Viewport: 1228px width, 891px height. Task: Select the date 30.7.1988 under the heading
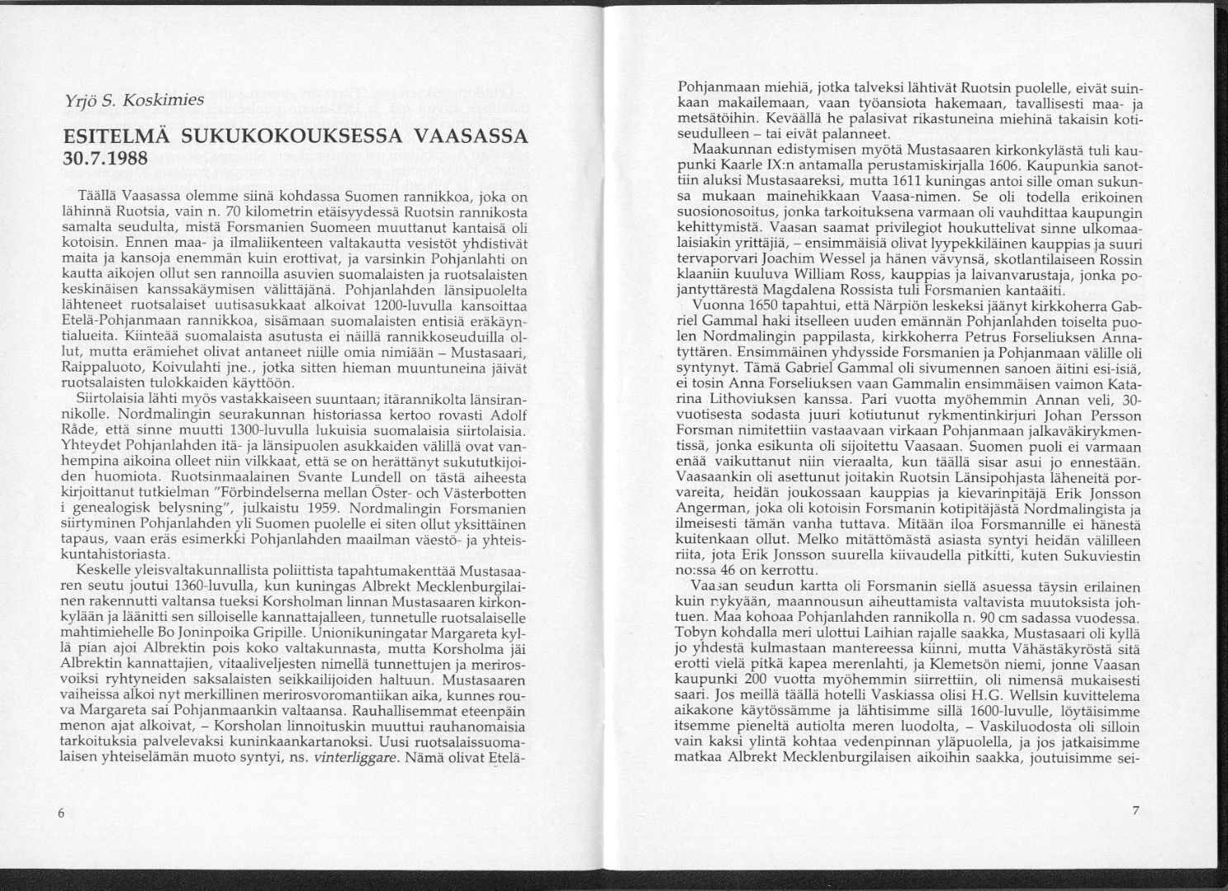[x=104, y=157]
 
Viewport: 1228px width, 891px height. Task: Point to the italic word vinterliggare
[x=356, y=756]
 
